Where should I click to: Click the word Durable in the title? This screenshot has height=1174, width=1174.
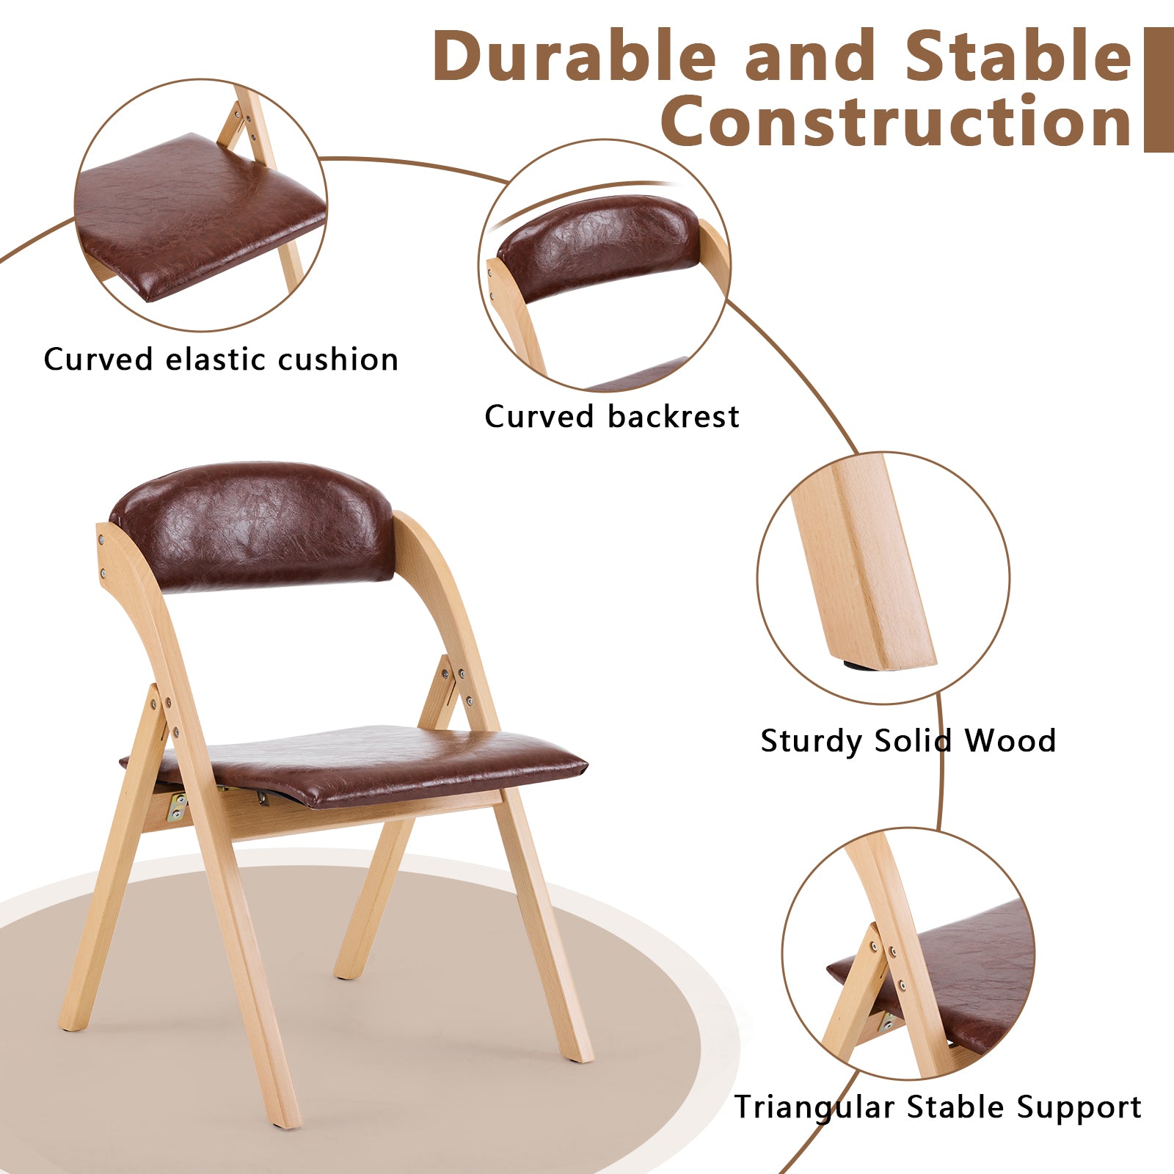[x=575, y=57]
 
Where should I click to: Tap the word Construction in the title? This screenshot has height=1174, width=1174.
[x=896, y=120]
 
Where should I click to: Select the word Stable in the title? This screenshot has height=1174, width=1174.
[x=1018, y=57]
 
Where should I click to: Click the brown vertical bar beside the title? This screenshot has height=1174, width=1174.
[x=1159, y=90]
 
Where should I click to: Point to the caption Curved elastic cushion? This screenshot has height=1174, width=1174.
[x=221, y=360]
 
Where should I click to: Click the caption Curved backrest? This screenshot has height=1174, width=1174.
[x=612, y=417]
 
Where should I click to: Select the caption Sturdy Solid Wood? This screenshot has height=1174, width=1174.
[x=908, y=741]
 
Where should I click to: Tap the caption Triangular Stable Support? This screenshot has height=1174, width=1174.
[x=938, y=1107]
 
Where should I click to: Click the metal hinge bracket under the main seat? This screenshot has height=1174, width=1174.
[x=177, y=807]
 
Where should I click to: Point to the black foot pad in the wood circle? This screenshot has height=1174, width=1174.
[x=855, y=666]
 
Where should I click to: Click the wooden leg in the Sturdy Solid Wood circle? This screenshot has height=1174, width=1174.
[x=865, y=561]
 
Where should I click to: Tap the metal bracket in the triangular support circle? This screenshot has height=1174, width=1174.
[x=887, y=1021]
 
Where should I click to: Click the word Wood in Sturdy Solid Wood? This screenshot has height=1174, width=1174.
[x=1010, y=741]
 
